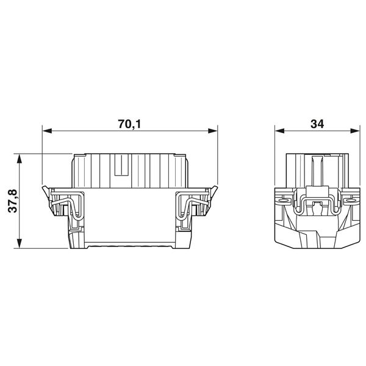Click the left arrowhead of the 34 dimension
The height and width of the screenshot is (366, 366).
click(x=279, y=131)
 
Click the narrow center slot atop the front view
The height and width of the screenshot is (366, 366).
click(x=121, y=171)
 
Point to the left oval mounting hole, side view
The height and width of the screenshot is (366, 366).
click(x=282, y=199)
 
